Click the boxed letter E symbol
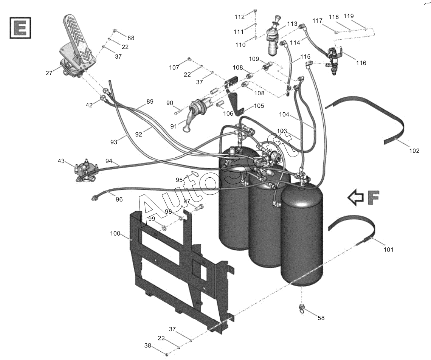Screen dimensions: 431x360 click(20, 28)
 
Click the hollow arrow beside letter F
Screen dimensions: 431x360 click(356, 197)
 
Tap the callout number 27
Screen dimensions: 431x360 click(49, 73)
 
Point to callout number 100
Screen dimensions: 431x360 click(115, 233)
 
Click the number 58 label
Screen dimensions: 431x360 click(321, 318)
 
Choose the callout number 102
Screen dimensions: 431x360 click(414, 151)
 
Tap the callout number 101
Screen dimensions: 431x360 click(388, 250)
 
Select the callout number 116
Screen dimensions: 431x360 click(361, 63)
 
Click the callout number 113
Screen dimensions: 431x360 click(292, 24)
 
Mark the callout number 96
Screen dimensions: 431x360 click(119, 199)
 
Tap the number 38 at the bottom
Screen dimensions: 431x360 click(148, 346)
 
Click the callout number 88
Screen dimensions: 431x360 click(131, 38)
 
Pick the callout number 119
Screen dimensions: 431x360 click(349, 16)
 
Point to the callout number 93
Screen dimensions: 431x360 click(114, 142)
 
